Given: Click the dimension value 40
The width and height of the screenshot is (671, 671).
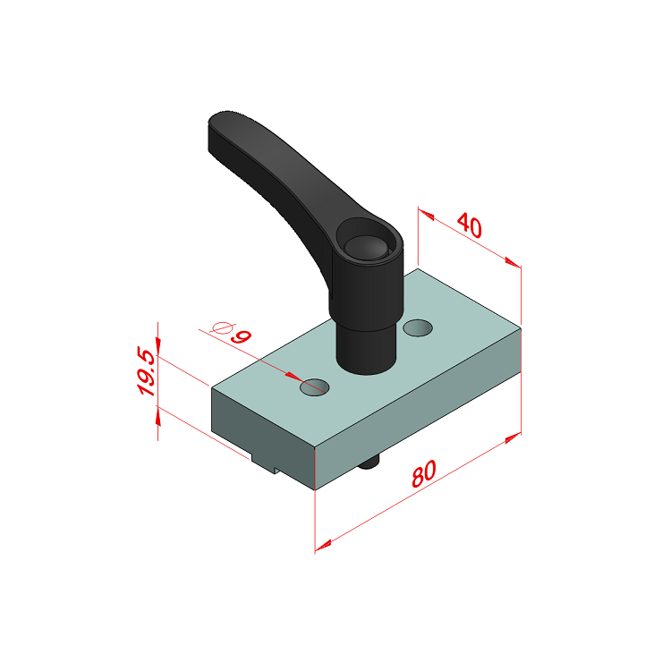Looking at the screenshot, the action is click(x=469, y=225).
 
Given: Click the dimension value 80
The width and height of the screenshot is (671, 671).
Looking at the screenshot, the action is click(x=424, y=473).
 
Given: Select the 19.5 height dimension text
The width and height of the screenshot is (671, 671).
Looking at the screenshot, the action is click(x=147, y=371).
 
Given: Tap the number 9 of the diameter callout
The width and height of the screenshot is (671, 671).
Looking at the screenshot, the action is click(x=241, y=336).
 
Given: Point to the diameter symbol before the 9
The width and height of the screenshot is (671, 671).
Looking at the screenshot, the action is click(x=222, y=327).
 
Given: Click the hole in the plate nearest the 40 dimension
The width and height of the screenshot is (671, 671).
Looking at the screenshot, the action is click(x=418, y=327).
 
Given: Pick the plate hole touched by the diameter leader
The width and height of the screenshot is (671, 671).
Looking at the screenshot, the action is click(x=315, y=387).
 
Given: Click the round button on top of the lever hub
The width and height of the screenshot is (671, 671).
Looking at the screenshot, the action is click(x=366, y=247).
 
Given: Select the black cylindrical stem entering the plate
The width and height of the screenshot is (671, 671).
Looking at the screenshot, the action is click(x=366, y=349).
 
